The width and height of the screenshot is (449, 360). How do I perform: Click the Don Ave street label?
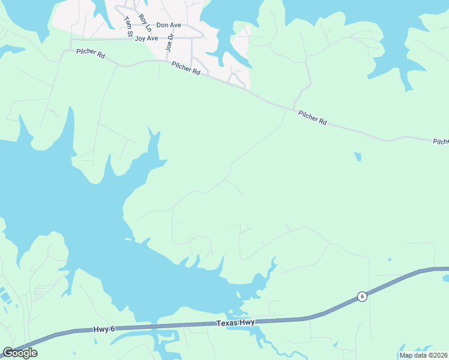pos(169,25)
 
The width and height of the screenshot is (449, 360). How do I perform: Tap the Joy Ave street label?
pos(146,38)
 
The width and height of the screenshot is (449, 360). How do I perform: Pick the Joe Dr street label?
pos(170,44)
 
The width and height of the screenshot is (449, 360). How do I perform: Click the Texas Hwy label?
pos(235,323)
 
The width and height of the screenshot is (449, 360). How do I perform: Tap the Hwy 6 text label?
pos(103,329)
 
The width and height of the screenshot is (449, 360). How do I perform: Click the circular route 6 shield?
pos(361,296)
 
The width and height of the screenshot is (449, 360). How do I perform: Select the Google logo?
pos(20,353)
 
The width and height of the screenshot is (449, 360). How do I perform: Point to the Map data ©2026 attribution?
pos(423,355)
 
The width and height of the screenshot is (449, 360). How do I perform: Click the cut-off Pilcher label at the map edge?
pos(441,142)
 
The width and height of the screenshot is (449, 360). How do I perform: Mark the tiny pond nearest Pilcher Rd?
pos(358,157)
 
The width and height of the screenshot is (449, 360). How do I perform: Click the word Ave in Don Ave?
pos(175,25)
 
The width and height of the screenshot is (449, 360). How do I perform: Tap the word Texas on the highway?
pos(226,323)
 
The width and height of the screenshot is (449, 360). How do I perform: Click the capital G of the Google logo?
pos(8,353)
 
